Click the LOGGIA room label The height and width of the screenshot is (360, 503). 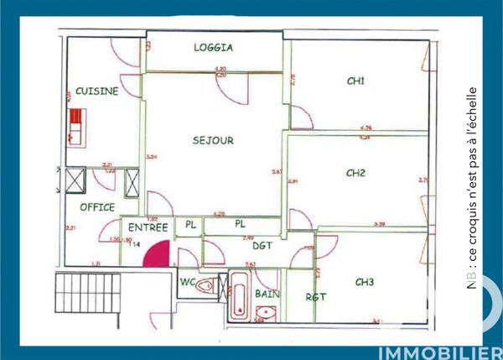(213, 48)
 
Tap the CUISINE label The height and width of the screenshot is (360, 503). (96, 91)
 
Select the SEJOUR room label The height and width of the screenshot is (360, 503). (213, 140)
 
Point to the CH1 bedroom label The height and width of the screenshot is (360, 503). (355, 81)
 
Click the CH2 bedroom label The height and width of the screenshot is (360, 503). (355, 174)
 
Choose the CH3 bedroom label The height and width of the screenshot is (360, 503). (364, 281)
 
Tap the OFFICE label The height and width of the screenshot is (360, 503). (97, 206)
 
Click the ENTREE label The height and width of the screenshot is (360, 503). (148, 227)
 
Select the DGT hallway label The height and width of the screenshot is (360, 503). (262, 245)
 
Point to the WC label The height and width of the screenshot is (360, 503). (187, 282)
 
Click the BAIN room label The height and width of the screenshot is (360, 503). (267, 295)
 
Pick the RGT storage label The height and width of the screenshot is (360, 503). (315, 297)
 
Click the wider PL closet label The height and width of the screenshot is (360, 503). (241, 224)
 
